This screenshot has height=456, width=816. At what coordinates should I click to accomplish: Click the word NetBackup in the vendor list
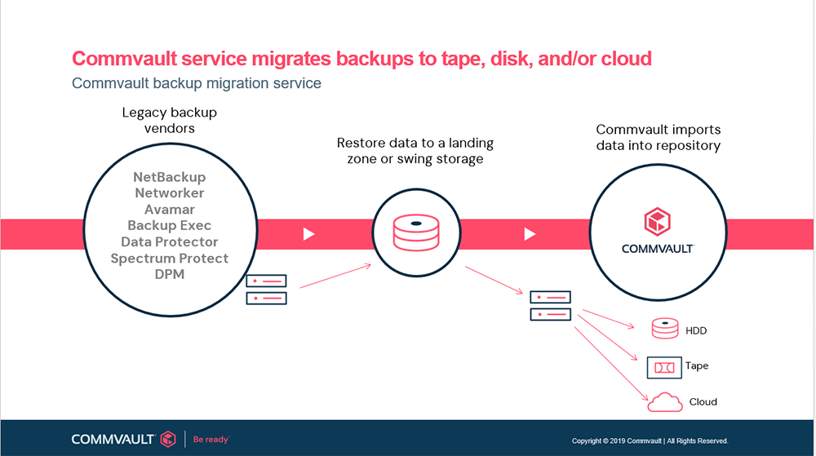click(170, 177)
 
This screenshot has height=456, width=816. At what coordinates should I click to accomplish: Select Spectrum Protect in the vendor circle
click(170, 259)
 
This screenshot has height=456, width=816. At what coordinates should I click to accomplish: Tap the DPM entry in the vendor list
click(170, 275)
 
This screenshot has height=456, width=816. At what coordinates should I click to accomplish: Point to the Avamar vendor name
click(170, 210)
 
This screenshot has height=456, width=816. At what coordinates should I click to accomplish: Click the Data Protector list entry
click(170, 241)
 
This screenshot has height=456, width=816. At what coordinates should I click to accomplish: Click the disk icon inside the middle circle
click(416, 232)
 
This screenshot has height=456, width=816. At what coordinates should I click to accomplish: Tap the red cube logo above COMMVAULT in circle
click(657, 222)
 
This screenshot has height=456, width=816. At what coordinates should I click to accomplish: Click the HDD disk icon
click(665, 329)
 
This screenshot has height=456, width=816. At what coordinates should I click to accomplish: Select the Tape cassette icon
click(664, 368)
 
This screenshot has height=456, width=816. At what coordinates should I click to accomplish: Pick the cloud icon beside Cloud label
click(665, 402)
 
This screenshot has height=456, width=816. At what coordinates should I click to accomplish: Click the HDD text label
click(696, 330)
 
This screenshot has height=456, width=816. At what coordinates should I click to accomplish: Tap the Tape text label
click(697, 365)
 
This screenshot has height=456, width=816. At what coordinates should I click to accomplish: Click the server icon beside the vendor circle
click(267, 290)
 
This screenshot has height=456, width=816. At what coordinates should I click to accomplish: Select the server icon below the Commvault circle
click(551, 306)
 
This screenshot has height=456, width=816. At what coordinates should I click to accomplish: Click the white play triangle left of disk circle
click(309, 234)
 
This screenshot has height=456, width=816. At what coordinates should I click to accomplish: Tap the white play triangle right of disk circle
click(530, 234)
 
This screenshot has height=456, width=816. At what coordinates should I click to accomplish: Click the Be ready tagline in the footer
click(211, 440)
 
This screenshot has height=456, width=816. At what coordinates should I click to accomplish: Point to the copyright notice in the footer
click(650, 441)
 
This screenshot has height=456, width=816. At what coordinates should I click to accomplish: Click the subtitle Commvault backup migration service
click(196, 83)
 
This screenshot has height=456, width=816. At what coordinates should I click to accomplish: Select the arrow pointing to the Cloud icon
click(611, 364)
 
